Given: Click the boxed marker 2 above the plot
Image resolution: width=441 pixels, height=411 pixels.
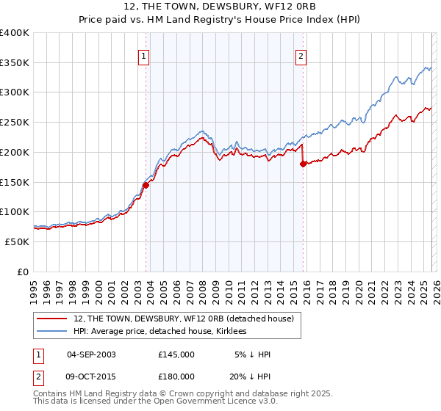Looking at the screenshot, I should (301, 55).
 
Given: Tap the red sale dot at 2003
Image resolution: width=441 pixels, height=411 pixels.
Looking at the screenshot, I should (146, 185).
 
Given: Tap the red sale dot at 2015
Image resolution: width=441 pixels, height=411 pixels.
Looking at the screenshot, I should (303, 164).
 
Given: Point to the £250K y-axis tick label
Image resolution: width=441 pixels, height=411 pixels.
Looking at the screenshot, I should (15, 123).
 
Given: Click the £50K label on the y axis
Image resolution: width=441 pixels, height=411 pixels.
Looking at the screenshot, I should (17, 241).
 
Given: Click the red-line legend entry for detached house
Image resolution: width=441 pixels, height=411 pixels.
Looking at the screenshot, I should (184, 319).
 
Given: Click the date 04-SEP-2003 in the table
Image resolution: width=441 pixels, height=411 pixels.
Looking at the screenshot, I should (91, 354).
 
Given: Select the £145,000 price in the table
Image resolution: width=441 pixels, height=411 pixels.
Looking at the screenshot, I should (176, 354).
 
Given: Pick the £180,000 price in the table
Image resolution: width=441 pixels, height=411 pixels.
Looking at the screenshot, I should (176, 376).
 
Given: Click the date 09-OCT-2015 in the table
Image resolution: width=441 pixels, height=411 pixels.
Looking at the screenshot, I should (91, 376).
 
